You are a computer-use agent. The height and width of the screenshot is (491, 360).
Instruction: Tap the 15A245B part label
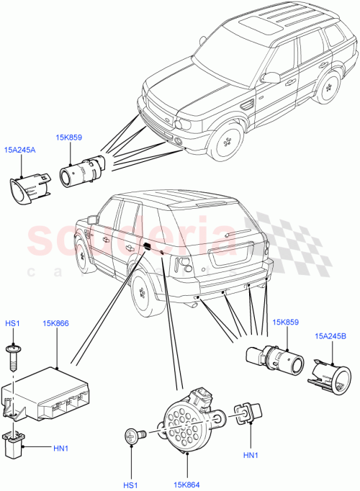click(329, 335)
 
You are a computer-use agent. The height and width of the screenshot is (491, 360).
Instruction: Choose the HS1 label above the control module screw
click(13, 325)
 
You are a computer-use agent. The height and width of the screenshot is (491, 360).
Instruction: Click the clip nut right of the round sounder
click(245, 416)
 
